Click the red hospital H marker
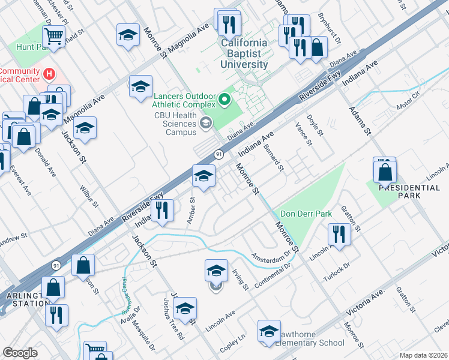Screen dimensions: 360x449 click(x=50, y=74)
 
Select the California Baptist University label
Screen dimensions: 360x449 click(x=244, y=53)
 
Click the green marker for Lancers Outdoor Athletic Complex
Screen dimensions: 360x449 click(x=226, y=100)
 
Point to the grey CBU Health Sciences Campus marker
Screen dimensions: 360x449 click(x=206, y=124)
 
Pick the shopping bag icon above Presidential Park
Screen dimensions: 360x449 click(x=385, y=172)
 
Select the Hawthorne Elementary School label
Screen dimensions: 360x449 click(x=310, y=343)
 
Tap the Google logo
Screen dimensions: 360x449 click(x=20, y=353)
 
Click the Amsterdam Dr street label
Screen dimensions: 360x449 click(x=274, y=256)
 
